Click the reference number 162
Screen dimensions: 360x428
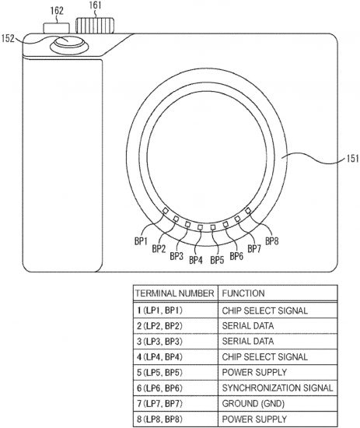tap(57, 11)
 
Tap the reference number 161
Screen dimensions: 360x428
tap(95, 5)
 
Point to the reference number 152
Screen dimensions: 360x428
tap(8, 38)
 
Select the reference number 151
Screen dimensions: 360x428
tap(353, 158)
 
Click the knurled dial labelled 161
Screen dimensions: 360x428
tap(95, 26)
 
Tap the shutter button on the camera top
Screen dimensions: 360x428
tap(69, 44)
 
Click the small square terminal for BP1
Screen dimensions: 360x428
tap(166, 210)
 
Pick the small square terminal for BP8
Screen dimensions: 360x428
tap(248, 210)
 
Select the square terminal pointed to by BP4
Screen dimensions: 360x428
tap(200, 227)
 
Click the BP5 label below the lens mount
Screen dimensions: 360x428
tap(217, 260)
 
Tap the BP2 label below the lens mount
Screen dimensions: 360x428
tap(159, 249)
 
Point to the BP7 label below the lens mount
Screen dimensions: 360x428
tap(254, 249)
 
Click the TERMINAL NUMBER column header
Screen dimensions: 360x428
tap(175, 293)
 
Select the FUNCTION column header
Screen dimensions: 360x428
tap(243, 293)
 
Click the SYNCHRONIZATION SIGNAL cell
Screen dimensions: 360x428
tap(278, 388)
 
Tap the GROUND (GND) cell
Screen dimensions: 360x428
tap(253, 403)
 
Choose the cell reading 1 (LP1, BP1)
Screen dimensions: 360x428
tap(159, 310)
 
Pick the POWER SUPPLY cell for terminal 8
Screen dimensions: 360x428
tap(254, 419)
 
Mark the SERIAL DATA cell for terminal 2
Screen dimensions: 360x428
tap(247, 325)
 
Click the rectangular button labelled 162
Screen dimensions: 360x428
tap(57, 28)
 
